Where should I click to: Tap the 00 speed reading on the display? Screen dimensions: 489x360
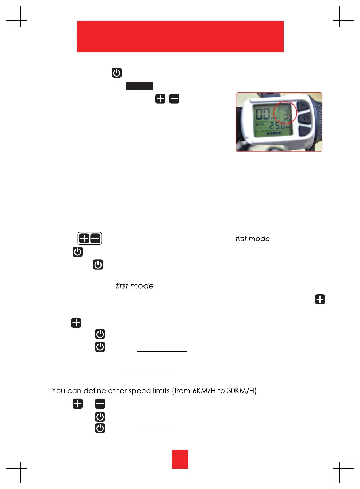pyautogui.click(x=263, y=114)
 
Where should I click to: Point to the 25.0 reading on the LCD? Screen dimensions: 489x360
pyautogui.click(x=277, y=126)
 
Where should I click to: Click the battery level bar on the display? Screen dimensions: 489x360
pyautogui.click(x=274, y=134)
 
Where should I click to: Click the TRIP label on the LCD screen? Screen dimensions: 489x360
pyautogui.click(x=260, y=124)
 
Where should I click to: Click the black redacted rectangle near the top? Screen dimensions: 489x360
pyautogui.click(x=139, y=86)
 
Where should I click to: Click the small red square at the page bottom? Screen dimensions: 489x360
pyautogui.click(x=180, y=459)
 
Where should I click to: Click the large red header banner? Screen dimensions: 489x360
pyautogui.click(x=180, y=37)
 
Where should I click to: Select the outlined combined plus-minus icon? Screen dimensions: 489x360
pyautogui.click(x=89, y=238)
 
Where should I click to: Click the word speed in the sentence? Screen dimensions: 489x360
pyautogui.click(x=139, y=391)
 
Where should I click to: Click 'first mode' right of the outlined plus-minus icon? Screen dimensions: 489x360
pyautogui.click(x=253, y=239)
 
